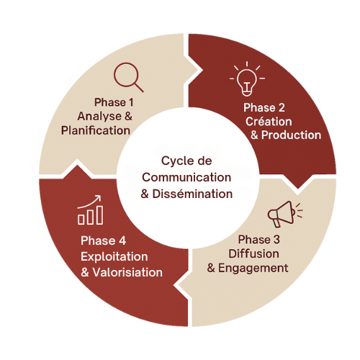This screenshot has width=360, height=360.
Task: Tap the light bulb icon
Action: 247,78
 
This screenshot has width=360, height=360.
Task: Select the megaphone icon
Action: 285,214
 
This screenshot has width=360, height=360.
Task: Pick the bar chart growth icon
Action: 90,210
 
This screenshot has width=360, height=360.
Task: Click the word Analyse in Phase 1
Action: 99,117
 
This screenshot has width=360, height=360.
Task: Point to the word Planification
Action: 96,130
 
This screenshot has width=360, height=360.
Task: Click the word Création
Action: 269,122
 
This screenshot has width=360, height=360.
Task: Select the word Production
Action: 291,135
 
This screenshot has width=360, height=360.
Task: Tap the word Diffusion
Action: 253,253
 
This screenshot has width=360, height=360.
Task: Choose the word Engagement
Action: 253,268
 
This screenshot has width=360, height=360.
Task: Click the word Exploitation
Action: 114,257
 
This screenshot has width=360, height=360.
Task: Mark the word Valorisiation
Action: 127,272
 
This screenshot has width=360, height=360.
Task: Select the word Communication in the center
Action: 186,178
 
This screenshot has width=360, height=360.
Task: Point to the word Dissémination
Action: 192,194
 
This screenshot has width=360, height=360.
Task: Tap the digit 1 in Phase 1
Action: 131,102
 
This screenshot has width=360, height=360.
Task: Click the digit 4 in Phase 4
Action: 122,240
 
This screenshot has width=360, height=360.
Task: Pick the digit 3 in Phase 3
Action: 276,240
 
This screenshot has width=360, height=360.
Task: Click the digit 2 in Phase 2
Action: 282,107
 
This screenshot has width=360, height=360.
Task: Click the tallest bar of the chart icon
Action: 99,215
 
